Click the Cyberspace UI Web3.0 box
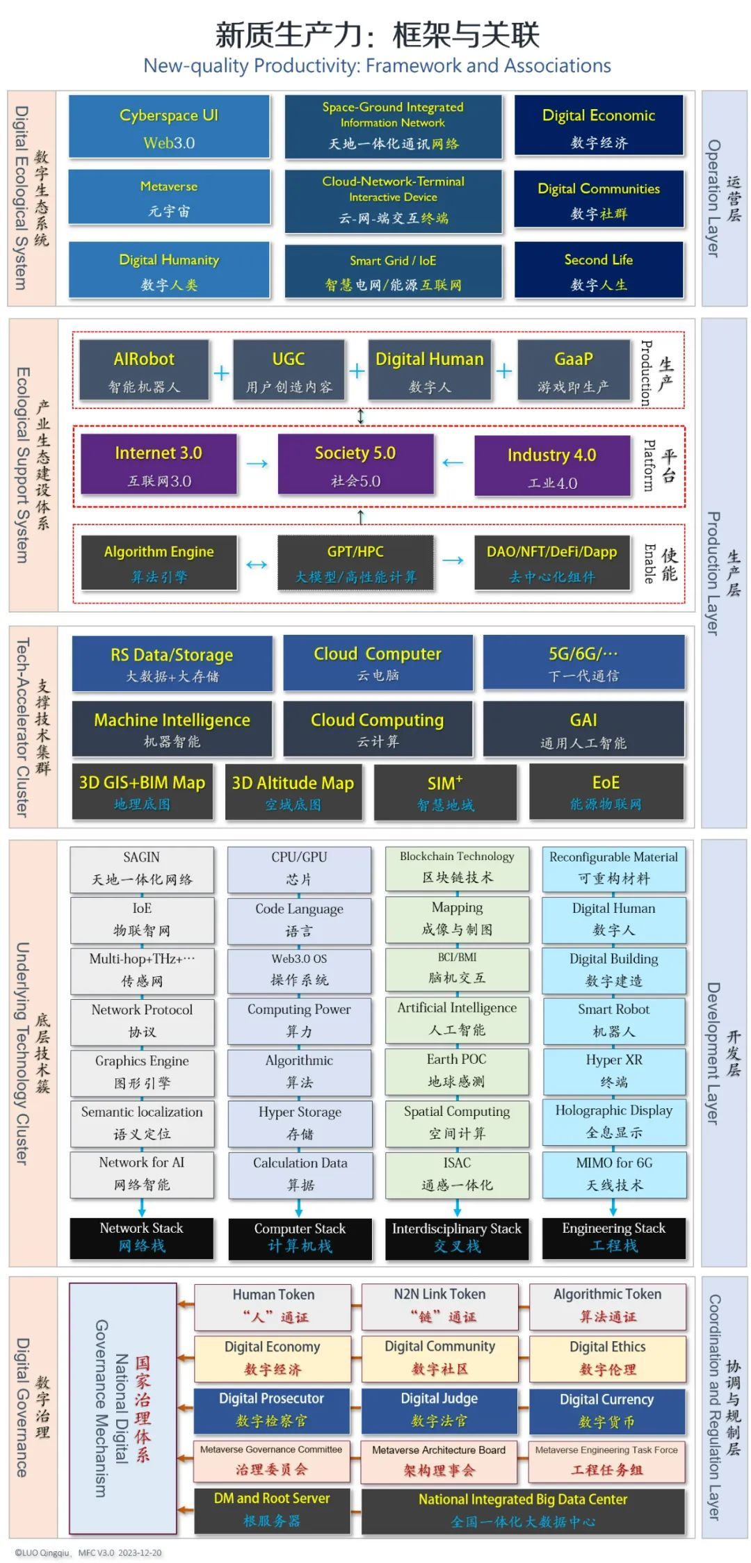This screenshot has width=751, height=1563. (x=169, y=128)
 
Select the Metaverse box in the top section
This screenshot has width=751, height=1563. (x=169, y=197)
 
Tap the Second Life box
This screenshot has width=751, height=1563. (x=599, y=270)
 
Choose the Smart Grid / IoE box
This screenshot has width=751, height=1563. (x=393, y=272)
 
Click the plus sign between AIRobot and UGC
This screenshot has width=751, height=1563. (x=221, y=373)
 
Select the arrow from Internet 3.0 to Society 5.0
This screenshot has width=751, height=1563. (x=257, y=464)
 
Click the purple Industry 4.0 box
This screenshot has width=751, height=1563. (x=552, y=465)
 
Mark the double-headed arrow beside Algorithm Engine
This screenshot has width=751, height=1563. (x=257, y=564)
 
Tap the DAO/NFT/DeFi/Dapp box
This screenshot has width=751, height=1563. (x=552, y=562)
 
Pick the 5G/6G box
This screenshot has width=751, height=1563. (x=583, y=663)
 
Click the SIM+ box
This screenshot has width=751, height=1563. (x=445, y=792)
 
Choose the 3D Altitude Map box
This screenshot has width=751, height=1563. (x=293, y=792)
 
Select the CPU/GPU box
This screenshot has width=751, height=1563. (x=299, y=868)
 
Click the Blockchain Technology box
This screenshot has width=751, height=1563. (x=457, y=867)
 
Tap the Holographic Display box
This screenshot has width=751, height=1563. (x=614, y=1121)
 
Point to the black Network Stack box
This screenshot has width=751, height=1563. (x=142, y=1238)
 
